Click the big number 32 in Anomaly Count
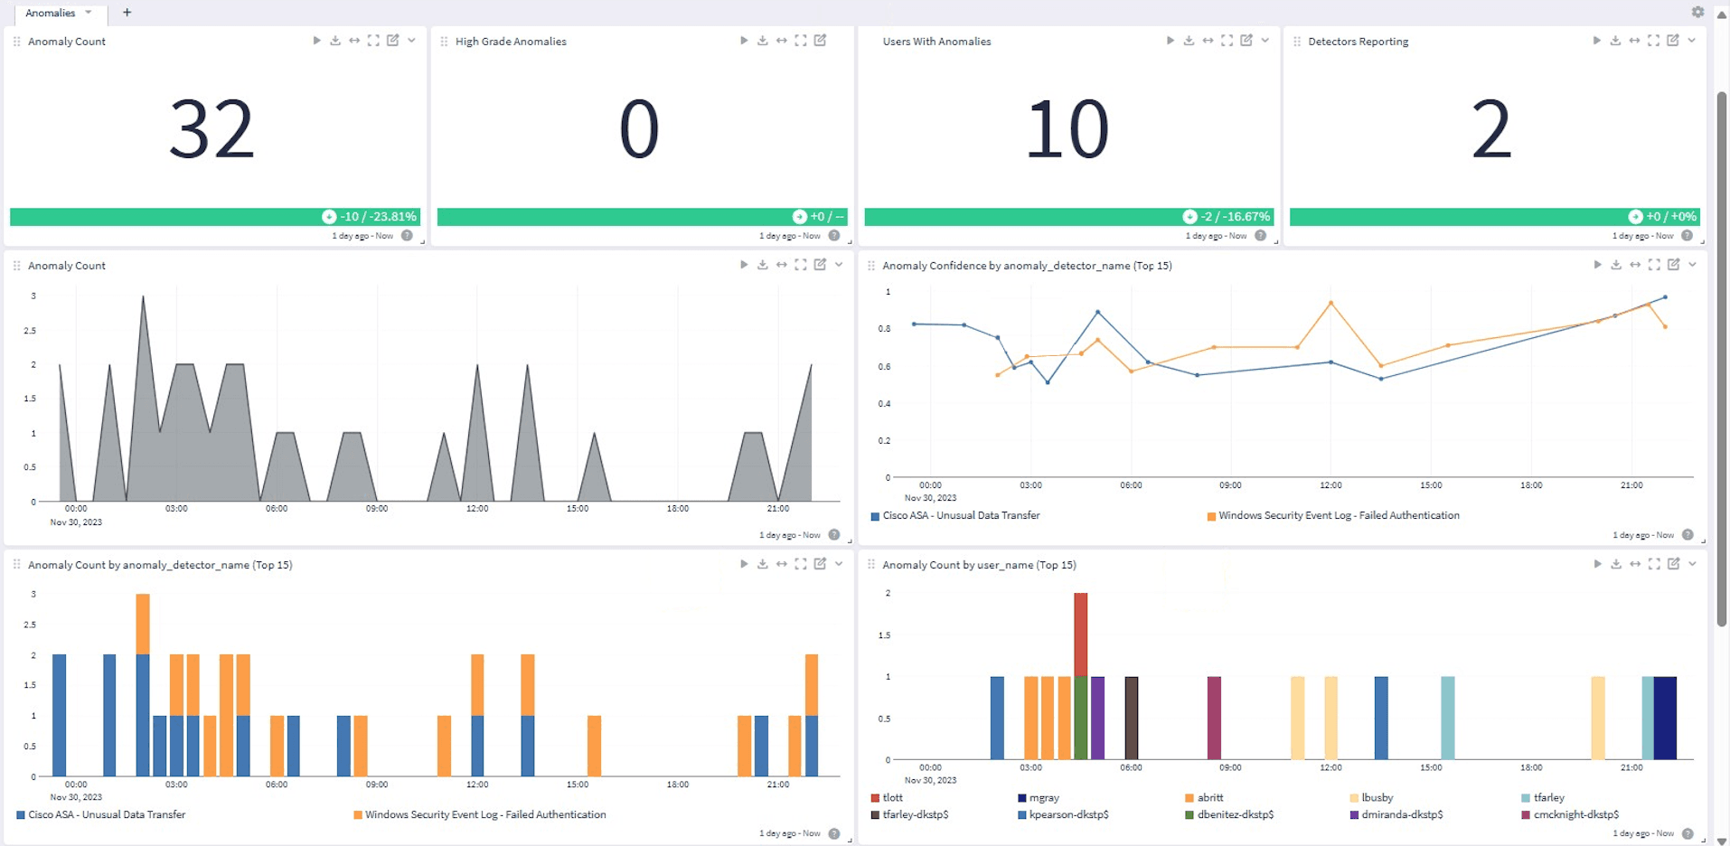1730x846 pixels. [212, 129]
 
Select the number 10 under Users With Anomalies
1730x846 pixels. [1067, 129]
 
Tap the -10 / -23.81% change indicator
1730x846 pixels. [377, 217]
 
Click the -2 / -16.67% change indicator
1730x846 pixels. [1235, 217]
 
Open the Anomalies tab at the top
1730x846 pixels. [51, 13]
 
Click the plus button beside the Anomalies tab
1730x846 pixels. [127, 13]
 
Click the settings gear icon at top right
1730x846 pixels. [1697, 12]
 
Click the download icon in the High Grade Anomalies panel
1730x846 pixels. [762, 41]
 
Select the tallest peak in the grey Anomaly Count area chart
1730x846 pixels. [143, 298]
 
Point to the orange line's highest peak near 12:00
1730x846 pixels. [1330, 303]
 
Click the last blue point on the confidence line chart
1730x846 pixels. [1665, 296]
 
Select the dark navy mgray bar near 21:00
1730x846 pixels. [1665, 718]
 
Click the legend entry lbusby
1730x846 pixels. [1377, 798]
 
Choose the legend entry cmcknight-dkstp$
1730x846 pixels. [1575, 814]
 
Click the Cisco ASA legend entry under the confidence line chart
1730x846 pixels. [960, 515]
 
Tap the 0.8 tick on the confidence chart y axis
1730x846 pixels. [884, 329]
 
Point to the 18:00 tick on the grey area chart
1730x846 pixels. [678, 508]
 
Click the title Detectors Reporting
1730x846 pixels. [1358, 42]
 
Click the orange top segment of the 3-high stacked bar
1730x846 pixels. [143, 624]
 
